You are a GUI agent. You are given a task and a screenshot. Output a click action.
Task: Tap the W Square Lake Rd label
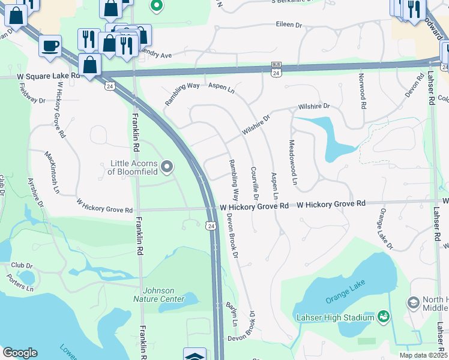coord(48,77)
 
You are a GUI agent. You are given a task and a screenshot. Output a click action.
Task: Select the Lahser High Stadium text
coord(334,317)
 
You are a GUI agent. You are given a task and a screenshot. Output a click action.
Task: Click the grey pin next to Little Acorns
coord(167,166)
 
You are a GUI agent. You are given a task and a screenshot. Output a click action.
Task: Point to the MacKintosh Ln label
coord(53,171)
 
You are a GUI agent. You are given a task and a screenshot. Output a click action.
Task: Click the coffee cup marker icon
coord(50,45)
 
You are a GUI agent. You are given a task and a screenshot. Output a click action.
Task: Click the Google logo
coord(20,353)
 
